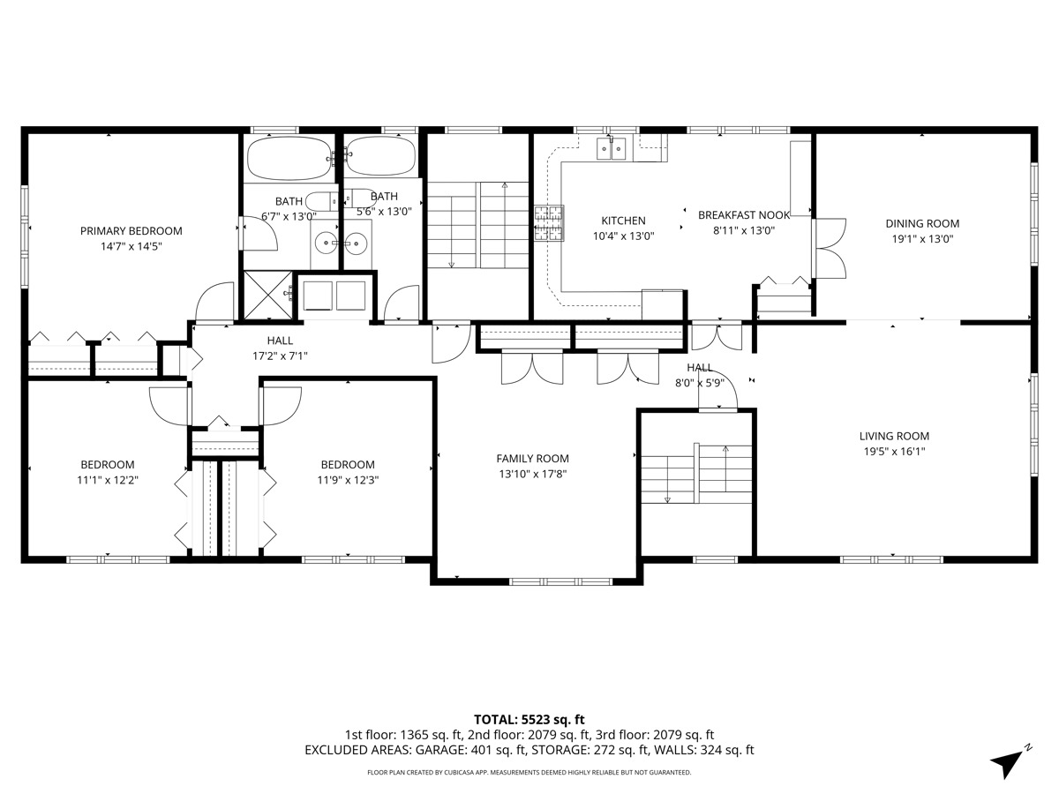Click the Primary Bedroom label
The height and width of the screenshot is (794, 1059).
coord(131,231)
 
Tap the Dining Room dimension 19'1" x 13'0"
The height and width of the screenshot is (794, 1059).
coord(922,238)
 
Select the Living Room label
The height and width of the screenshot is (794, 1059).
coord(894,436)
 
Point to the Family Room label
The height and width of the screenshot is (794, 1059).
coord(533,459)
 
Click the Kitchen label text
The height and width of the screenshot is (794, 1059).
coord(623,221)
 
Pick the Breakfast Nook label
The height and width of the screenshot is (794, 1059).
coord(744,215)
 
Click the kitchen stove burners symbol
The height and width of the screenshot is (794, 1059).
coord(549,222)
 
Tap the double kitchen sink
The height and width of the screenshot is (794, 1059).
coord(612,148)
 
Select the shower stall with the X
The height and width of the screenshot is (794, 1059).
coord(268,295)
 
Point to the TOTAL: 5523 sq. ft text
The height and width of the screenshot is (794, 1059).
coord(529,720)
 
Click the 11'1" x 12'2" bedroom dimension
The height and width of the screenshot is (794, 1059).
coord(108,480)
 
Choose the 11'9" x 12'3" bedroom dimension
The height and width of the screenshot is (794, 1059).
coord(348,480)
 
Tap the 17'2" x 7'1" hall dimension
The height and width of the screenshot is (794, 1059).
coord(280,356)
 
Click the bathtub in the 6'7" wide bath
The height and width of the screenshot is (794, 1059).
coord(289,158)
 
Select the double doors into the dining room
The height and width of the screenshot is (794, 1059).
coord(830,248)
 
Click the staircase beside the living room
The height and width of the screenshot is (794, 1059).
coord(696,474)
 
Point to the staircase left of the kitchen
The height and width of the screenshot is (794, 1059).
coord(478,225)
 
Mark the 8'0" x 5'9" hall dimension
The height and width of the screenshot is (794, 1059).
coord(700,383)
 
